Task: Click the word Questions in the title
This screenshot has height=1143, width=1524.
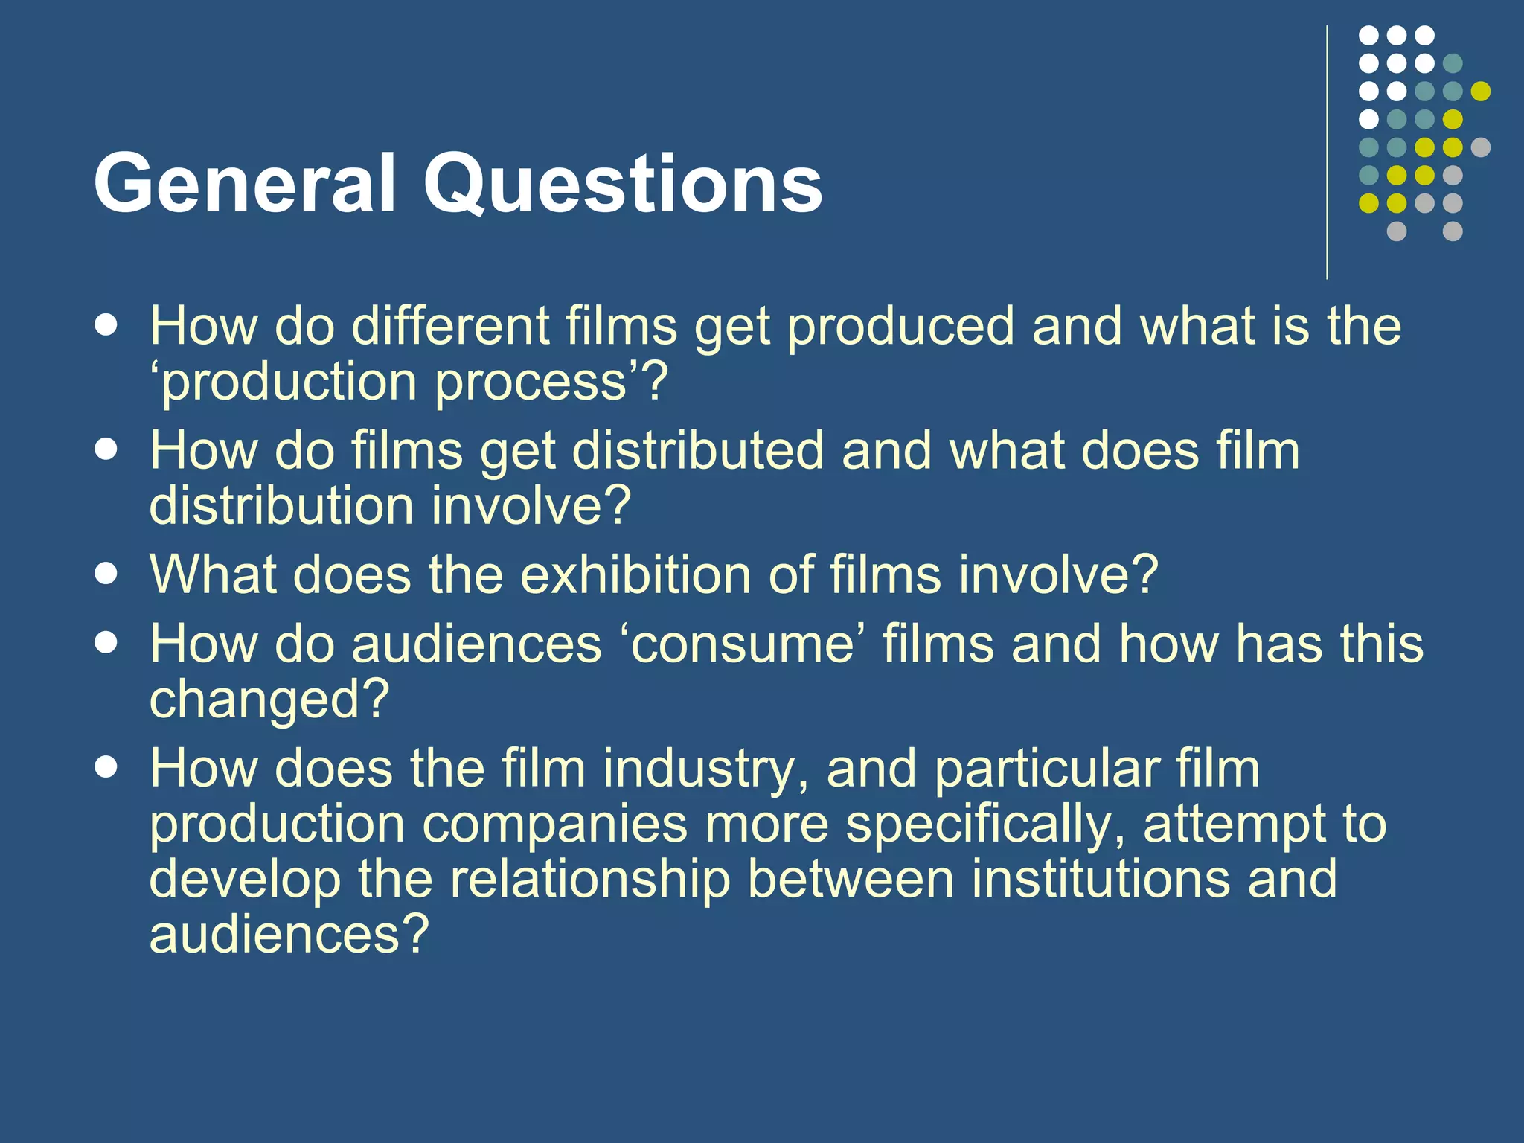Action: pos(623,185)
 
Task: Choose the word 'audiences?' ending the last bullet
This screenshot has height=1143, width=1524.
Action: pos(289,935)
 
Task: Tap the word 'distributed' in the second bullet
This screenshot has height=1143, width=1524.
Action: pos(697,451)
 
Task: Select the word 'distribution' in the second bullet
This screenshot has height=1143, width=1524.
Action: pos(281,506)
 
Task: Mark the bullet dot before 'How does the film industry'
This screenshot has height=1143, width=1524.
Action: pos(106,767)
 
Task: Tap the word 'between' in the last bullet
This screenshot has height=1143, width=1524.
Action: pos(851,879)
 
